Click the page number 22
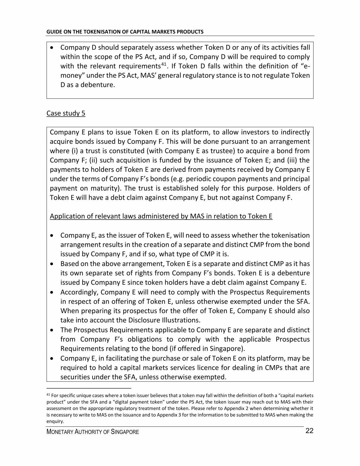click(x=309, y=431)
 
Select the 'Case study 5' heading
click(x=66, y=113)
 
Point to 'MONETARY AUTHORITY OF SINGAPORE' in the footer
click(x=93, y=432)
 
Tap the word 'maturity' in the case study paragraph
click(x=104, y=189)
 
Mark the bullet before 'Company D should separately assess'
click(x=52, y=48)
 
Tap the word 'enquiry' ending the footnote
click(x=54, y=422)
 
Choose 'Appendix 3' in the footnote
click(x=168, y=415)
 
